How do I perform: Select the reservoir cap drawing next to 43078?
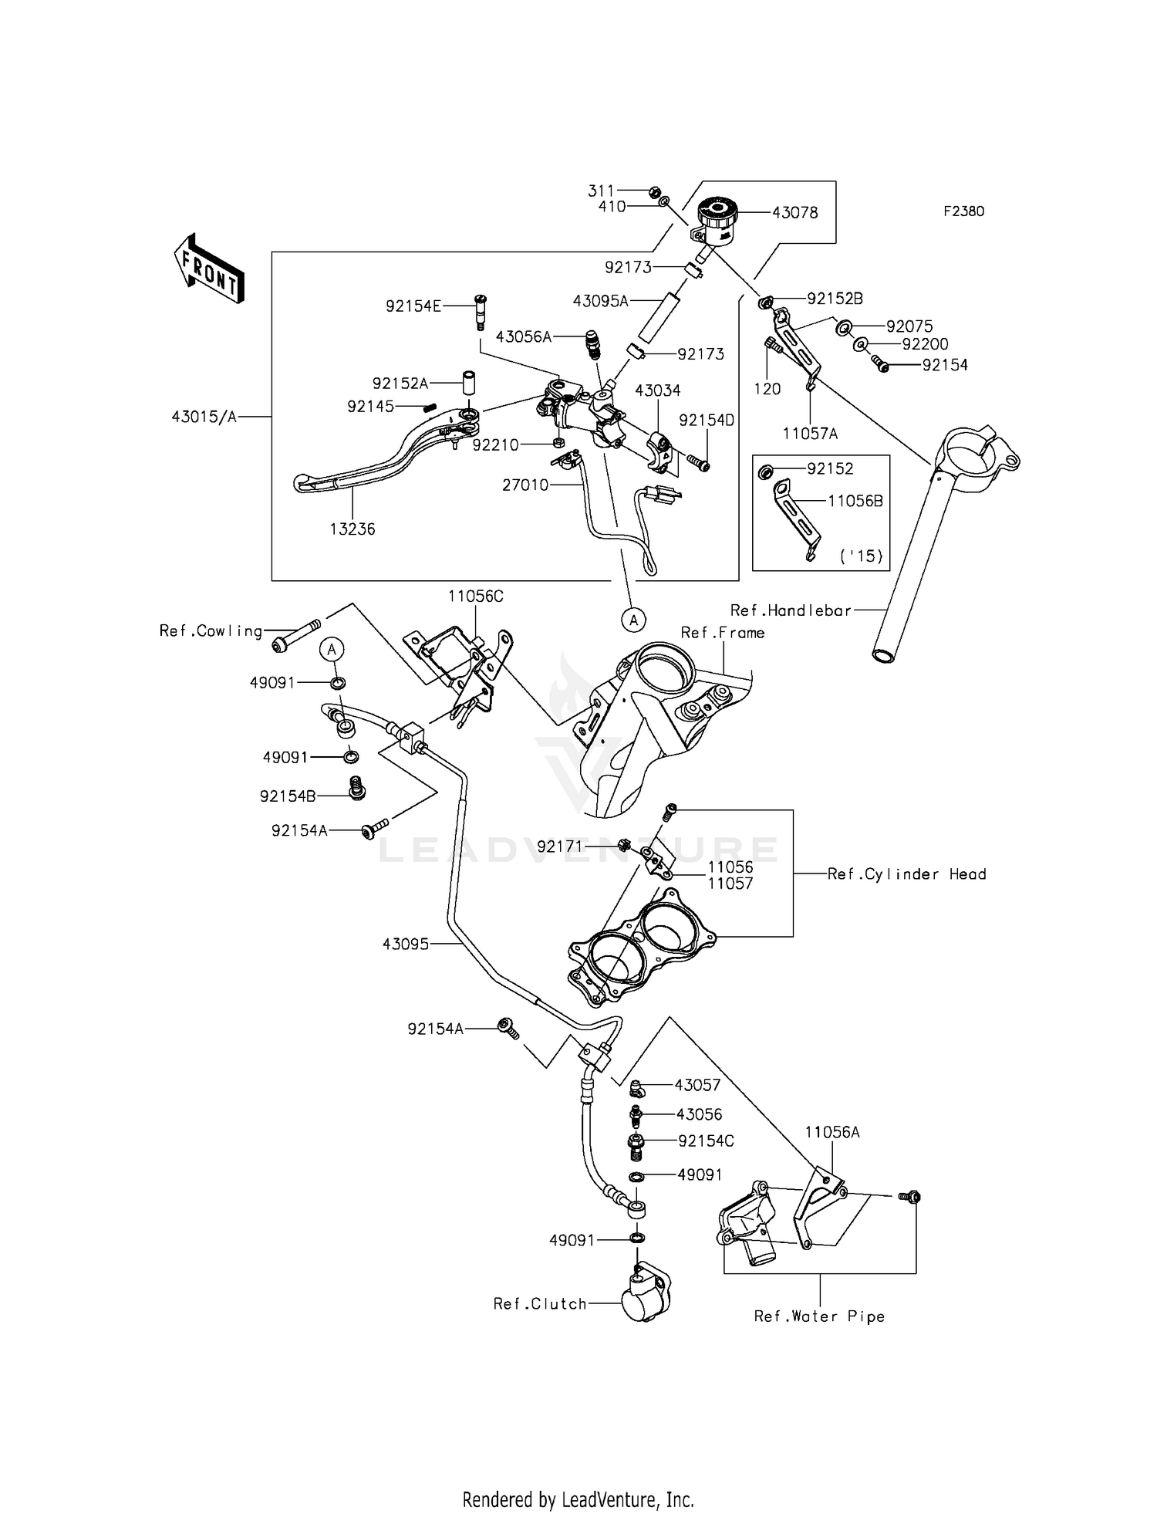pyautogui.click(x=717, y=211)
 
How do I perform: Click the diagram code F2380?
pyautogui.click(x=963, y=211)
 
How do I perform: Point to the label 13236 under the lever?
pyautogui.click(x=352, y=529)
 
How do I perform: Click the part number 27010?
pyautogui.click(x=525, y=485)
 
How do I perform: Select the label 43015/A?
pyautogui.click(x=204, y=417)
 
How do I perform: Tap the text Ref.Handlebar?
pyautogui.click(x=791, y=610)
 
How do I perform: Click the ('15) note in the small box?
pyautogui.click(x=861, y=556)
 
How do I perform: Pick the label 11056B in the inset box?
pyautogui.click(x=855, y=501)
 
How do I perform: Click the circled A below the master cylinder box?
pyautogui.click(x=633, y=619)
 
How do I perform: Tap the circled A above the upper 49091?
pyautogui.click(x=332, y=650)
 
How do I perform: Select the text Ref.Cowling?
pyautogui.click(x=211, y=631)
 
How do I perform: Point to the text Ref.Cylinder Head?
pyautogui.click(x=906, y=874)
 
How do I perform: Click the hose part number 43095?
pyautogui.click(x=405, y=944)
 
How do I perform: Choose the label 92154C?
pyautogui.click(x=706, y=1141)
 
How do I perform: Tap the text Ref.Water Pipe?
pyautogui.click(x=819, y=1317)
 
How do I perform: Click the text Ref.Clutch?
pyautogui.click(x=540, y=1304)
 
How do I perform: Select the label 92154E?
pyautogui.click(x=413, y=306)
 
